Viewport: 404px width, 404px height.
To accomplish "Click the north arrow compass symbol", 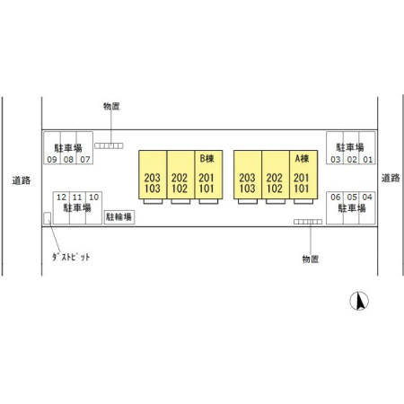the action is click(359, 301).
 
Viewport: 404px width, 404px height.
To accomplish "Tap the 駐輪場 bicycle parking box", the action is click(119, 217).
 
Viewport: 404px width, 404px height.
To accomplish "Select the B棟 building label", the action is click(206, 158).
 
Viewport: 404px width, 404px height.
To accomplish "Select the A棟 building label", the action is click(302, 158).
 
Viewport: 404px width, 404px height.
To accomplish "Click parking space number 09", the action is click(52, 160).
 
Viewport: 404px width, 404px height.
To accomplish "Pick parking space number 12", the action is click(61, 198).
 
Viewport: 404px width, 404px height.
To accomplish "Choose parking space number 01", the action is click(367, 160).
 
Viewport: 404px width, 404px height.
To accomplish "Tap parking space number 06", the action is click(336, 198).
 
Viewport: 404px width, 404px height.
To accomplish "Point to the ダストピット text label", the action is click(71, 257).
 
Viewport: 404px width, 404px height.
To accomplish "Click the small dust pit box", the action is click(47, 218).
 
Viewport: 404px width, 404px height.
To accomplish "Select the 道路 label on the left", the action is click(22, 180).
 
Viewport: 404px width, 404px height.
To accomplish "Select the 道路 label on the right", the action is click(391, 178).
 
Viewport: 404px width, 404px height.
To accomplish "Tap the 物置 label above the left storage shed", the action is click(111, 106).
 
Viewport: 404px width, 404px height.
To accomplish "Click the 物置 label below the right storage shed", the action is click(311, 259).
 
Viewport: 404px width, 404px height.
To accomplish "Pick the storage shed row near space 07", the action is click(109, 145).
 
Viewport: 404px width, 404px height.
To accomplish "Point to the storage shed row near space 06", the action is click(308, 222).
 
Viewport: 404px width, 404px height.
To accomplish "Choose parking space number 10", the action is click(93, 198).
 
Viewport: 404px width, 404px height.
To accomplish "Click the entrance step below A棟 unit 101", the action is click(303, 201).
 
